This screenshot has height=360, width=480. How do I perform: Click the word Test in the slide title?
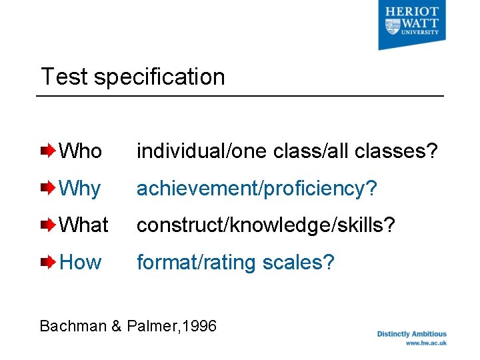click(x=65, y=77)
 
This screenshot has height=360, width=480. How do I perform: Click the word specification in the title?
click(x=159, y=77)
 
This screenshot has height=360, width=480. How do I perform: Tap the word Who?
click(x=81, y=151)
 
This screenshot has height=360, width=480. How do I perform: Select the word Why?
click(x=80, y=189)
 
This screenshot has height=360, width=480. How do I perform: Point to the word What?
click(x=83, y=225)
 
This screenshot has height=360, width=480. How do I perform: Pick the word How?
click(x=80, y=263)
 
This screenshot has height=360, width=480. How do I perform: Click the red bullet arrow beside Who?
click(x=49, y=151)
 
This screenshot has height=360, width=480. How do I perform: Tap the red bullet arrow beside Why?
click(x=49, y=189)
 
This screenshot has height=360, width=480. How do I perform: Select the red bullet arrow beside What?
click(x=49, y=225)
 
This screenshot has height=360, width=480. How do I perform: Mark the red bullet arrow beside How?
click(x=49, y=263)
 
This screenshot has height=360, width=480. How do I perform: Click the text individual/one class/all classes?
click(x=287, y=151)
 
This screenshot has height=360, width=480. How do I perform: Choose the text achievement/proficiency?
click(x=257, y=189)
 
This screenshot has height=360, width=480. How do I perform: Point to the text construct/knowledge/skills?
click(x=266, y=225)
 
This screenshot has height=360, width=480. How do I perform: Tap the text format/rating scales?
click(x=235, y=263)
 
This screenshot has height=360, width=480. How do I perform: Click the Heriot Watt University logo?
click(x=411, y=24)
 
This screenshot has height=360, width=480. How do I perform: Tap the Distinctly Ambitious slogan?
click(x=412, y=334)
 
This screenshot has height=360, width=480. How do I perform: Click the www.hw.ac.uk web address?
click(x=426, y=343)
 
